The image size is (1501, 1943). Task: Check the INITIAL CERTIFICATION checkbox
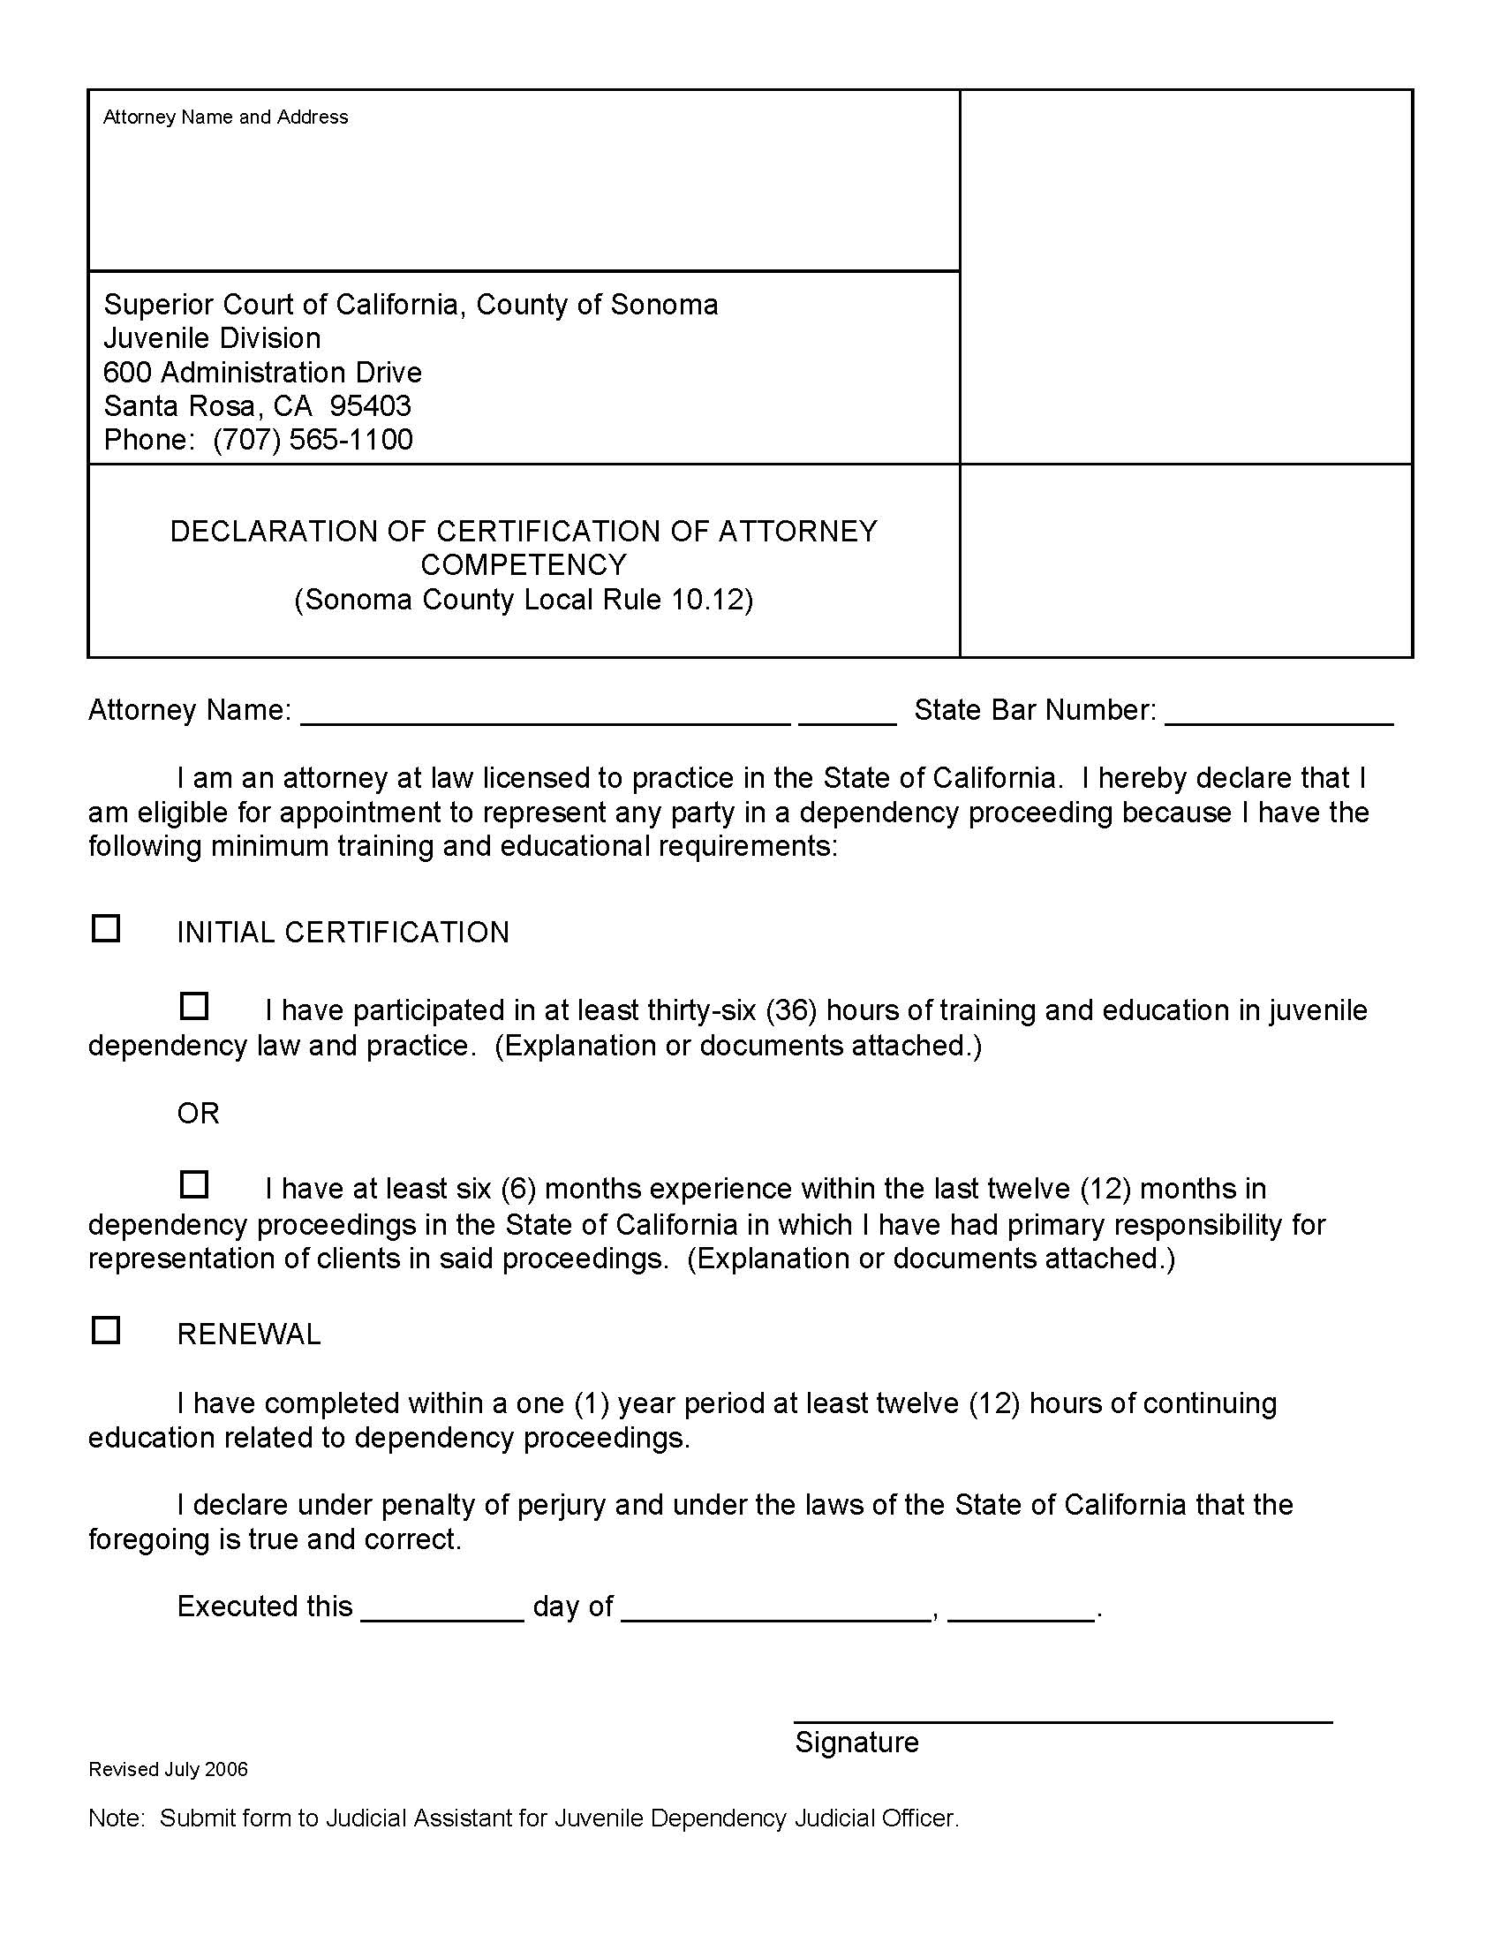(106, 929)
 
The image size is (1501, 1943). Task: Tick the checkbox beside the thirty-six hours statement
(194, 1006)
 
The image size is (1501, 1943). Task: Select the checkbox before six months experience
(194, 1184)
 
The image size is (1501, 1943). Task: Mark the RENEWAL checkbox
(106, 1331)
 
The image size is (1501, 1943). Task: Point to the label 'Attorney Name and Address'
(225, 117)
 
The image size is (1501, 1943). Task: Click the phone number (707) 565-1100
(312, 440)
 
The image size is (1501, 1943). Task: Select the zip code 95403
(370, 405)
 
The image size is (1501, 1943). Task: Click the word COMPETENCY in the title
(523, 565)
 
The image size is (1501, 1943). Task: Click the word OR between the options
(198, 1113)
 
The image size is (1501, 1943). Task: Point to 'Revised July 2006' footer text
(168, 1769)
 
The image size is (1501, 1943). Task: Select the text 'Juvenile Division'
(212, 338)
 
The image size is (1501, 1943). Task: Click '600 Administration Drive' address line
(262, 372)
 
